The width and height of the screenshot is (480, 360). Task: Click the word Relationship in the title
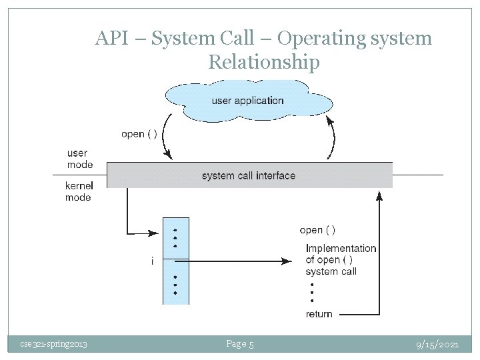coord(263,63)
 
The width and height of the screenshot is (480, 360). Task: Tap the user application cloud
coord(247,101)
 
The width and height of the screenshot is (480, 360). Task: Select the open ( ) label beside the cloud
coord(139,134)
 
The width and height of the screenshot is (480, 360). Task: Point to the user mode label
coord(80,159)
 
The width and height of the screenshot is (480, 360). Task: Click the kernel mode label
coord(79,191)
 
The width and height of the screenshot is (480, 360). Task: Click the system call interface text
coord(248,176)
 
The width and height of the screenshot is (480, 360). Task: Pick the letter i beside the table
coord(152,261)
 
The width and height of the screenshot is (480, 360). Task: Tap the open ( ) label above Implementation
coord(317,230)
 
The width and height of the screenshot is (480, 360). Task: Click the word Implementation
coord(341,249)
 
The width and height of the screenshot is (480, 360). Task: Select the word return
coord(319,314)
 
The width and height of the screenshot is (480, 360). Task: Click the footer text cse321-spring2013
coord(53,344)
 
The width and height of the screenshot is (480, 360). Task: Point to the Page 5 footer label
coord(240,344)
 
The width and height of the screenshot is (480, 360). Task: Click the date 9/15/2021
coord(437,344)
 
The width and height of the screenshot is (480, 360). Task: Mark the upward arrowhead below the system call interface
coord(379,195)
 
